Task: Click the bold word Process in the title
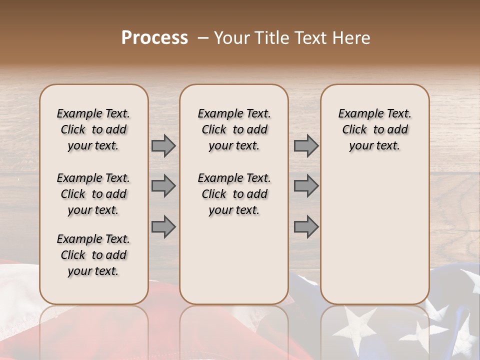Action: pyautogui.click(x=154, y=38)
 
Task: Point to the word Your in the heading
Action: pyautogui.click(x=229, y=38)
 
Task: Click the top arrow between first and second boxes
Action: pyautogui.click(x=163, y=146)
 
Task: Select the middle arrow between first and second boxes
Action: pyautogui.click(x=163, y=186)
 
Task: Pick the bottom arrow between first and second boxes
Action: pyautogui.click(x=163, y=227)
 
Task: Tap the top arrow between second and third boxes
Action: pyautogui.click(x=306, y=146)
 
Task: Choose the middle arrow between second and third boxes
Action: pyautogui.click(x=306, y=186)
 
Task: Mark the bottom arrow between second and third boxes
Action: pyautogui.click(x=306, y=227)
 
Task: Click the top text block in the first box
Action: pyautogui.click(x=93, y=129)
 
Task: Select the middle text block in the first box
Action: pyautogui.click(x=93, y=194)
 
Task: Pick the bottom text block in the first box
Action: pyautogui.click(x=93, y=255)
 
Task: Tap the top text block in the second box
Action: pyautogui.click(x=234, y=129)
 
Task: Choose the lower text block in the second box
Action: pyautogui.click(x=234, y=194)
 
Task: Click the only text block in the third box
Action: pyautogui.click(x=374, y=129)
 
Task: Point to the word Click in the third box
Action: pyautogui.click(x=354, y=130)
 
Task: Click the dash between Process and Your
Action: pyautogui.click(x=203, y=38)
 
